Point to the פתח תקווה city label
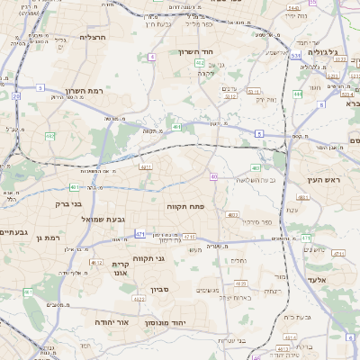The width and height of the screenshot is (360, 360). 185,206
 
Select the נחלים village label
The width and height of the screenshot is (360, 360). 238,260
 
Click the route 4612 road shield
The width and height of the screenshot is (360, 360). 96,262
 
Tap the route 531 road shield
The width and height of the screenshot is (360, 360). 295,55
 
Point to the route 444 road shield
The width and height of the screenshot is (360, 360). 297,94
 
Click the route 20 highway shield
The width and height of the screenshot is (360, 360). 16,95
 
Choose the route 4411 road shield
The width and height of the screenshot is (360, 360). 144,166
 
